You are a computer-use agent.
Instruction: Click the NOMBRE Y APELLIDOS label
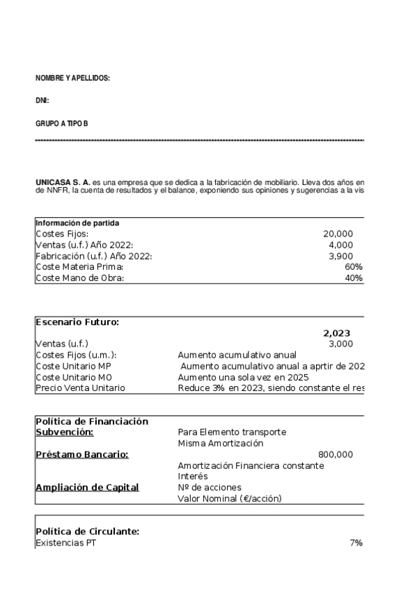click(x=72, y=79)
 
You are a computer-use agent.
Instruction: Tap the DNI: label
click(x=42, y=101)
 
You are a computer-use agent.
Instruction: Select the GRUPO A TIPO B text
click(x=62, y=124)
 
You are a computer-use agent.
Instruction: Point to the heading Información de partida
click(x=77, y=223)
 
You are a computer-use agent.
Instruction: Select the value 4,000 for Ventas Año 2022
click(x=340, y=245)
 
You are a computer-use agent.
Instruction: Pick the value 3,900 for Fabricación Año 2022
click(x=340, y=256)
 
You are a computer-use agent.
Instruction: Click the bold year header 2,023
click(x=337, y=333)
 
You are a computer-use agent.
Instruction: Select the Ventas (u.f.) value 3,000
click(x=340, y=344)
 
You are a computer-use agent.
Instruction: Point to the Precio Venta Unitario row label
click(x=80, y=388)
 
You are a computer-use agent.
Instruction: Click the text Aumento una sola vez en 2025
click(x=243, y=376)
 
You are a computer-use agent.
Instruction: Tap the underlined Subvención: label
click(x=64, y=432)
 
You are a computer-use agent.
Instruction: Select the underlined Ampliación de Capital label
click(x=87, y=487)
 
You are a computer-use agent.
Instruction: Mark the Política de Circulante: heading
click(x=87, y=532)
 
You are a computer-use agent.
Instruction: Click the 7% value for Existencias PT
click(x=356, y=543)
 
